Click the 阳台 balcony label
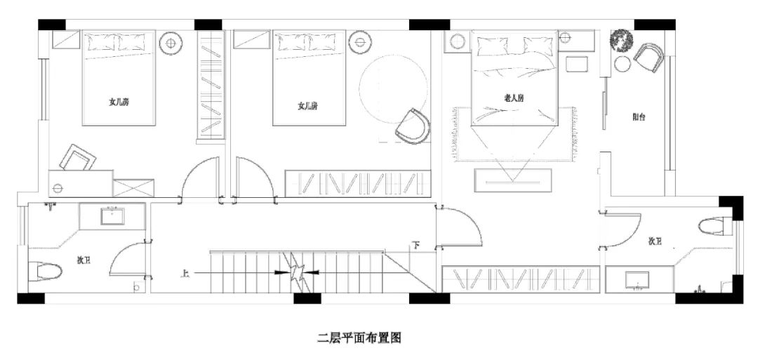[x=639, y=118]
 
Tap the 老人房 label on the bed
[x=514, y=99]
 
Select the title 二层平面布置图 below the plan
[x=359, y=338]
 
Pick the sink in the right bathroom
[x=638, y=279]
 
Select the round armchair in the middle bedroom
[x=412, y=126]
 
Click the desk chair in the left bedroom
[x=77, y=158]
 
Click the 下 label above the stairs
[x=416, y=246]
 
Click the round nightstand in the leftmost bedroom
[x=170, y=44]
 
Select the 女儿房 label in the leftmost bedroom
[x=119, y=102]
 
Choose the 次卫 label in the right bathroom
[x=655, y=241]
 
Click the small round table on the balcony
[x=623, y=65]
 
